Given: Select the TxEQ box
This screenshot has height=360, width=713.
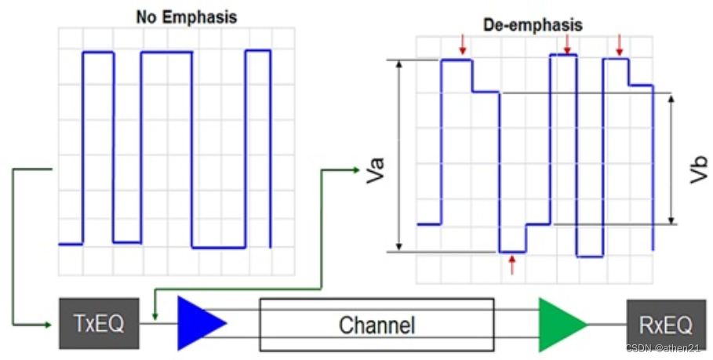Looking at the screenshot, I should pos(98,323).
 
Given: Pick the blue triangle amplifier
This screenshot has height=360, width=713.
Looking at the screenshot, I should pos(199,323).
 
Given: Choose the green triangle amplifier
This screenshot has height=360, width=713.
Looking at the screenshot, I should pos(560,323).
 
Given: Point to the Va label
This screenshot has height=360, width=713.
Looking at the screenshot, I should pos(375,169).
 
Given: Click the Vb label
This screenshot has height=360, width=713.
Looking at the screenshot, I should pos(699,169).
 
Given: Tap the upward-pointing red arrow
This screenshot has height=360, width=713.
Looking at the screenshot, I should pos(512,264).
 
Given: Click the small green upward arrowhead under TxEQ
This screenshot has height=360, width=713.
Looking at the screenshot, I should pos(155,315).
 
